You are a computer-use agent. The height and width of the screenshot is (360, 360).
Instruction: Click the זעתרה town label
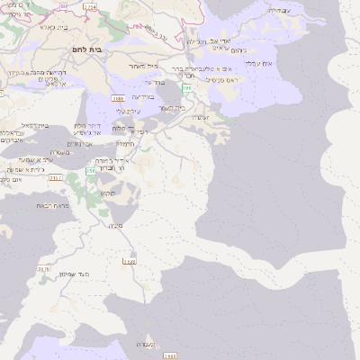200,117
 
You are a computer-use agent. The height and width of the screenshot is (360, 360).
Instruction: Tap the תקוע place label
107,193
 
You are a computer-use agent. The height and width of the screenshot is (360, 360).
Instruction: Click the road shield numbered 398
186,88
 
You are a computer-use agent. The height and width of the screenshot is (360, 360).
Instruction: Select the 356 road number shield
90,170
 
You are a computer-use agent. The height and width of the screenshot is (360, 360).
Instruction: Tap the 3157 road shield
56,178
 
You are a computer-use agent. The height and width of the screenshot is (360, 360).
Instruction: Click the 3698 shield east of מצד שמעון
130,262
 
